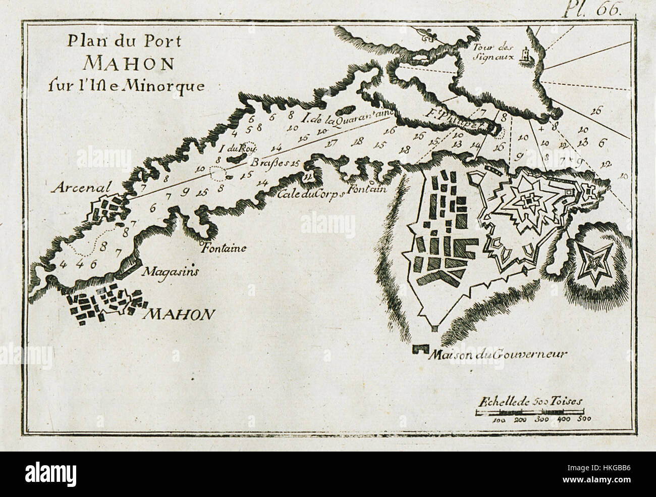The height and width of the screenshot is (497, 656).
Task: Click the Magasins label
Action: tap(170, 272)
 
